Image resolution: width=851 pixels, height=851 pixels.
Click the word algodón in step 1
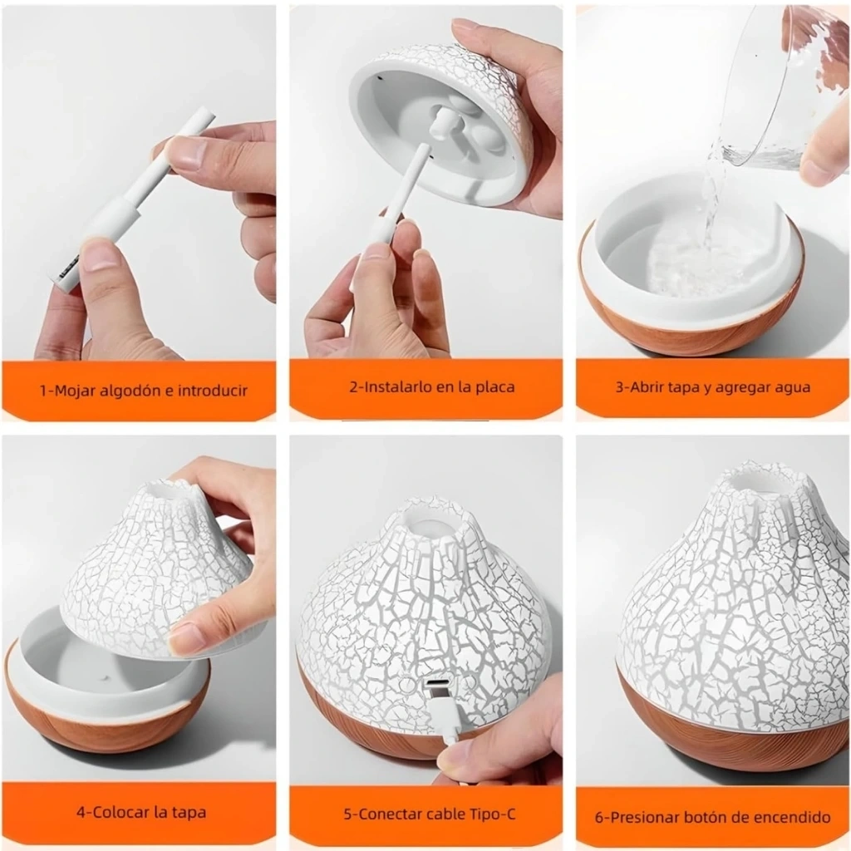[130, 391]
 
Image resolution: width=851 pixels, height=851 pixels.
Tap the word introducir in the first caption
[212, 391]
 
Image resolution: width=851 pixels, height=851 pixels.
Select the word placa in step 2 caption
[495, 387]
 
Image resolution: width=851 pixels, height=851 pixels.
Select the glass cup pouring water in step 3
[777, 86]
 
